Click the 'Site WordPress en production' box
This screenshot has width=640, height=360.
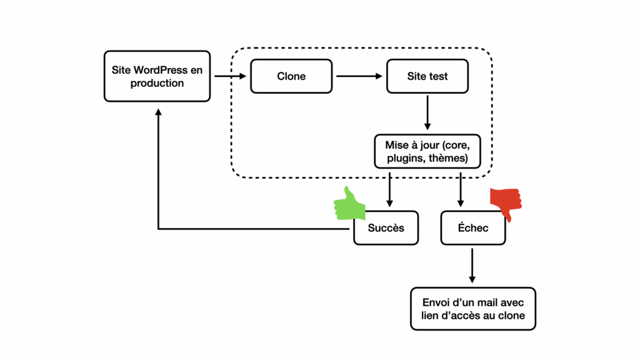(157, 76)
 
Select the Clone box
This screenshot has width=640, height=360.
(291, 76)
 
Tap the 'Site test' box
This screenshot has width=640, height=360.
(427, 76)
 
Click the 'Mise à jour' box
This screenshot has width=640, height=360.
(427, 152)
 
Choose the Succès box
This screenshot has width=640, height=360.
(386, 227)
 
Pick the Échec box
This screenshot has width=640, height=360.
(472, 227)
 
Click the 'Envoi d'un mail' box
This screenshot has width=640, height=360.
(473, 309)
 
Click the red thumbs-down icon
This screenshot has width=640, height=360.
(506, 201)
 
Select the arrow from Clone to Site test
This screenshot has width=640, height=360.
(359, 76)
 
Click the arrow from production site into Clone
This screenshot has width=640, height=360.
(230, 76)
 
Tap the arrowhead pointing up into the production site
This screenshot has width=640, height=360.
(158, 112)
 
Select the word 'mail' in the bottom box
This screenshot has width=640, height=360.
(484, 302)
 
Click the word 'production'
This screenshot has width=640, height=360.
(157, 83)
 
